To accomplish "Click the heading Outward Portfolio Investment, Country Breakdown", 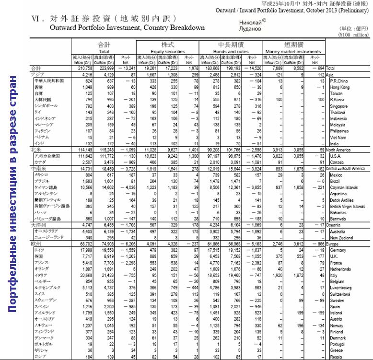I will click(127, 28).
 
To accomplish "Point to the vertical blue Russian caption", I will click(14, 194).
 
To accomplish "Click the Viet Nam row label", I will click(338, 137).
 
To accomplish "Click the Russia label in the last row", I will click(336, 357).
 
